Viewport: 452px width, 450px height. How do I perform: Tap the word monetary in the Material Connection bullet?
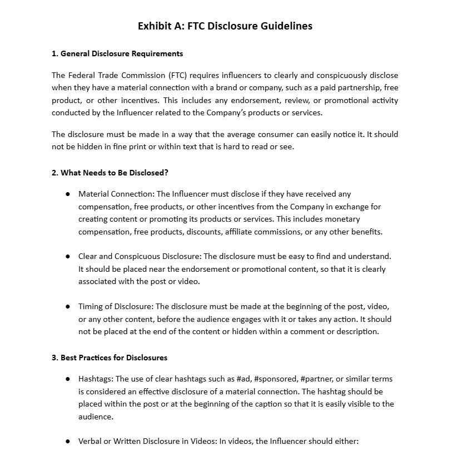341,219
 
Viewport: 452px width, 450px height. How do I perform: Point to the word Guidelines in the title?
286,26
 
